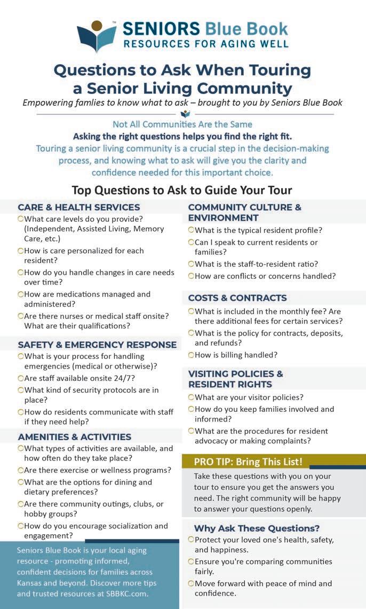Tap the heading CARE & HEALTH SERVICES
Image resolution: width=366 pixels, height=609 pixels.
[78, 207]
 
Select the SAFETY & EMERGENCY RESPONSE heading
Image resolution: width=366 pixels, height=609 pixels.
[97, 345]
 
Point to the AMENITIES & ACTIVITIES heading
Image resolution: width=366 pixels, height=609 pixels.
[74, 437]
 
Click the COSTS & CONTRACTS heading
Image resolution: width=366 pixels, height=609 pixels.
[237, 298]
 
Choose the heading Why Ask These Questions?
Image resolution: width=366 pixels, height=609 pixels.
[257, 528]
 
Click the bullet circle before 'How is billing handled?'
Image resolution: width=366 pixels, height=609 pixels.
[191, 355]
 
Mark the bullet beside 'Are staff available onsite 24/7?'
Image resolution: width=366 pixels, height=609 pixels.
[20, 378]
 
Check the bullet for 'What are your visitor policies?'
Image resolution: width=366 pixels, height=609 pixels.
[191, 397]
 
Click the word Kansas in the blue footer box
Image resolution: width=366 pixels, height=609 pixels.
[29, 582]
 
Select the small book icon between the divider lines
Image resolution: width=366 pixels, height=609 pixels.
[185, 114]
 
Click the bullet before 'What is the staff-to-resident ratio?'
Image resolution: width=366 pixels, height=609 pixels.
[191, 263]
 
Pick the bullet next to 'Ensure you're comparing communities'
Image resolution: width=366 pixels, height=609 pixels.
[191, 561]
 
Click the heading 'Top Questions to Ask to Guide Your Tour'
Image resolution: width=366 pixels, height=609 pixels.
[182, 190]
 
